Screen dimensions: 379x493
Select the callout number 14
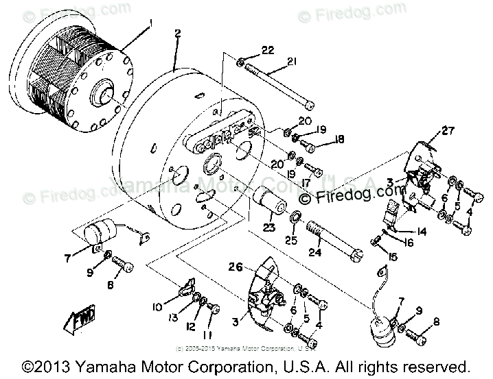click(420, 232)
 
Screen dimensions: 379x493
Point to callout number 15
click(391, 257)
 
